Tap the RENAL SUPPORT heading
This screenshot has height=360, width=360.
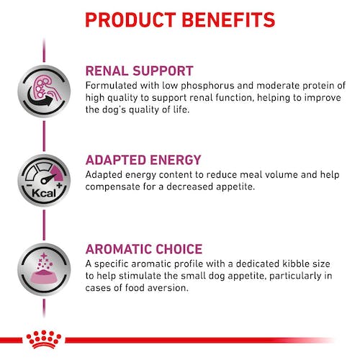[x=139, y=71]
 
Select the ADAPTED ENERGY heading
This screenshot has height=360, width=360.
[x=143, y=161]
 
